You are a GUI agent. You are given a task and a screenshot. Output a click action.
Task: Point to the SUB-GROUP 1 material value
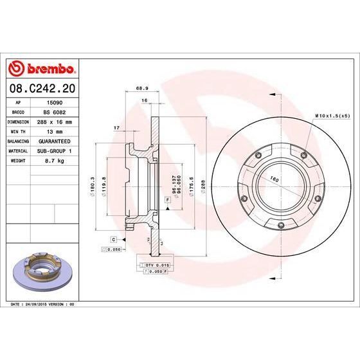56,150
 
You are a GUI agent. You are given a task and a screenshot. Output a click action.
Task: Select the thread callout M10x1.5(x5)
330,115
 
